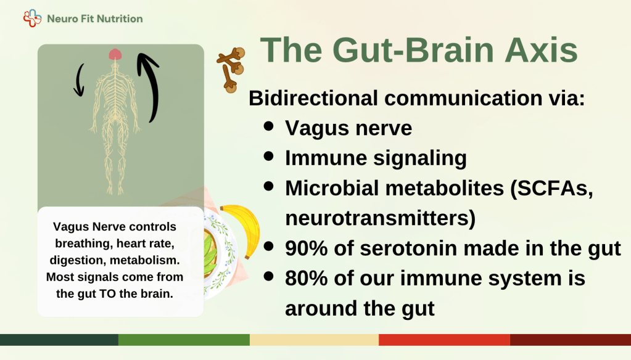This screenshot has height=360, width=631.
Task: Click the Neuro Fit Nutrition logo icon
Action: click(x=32, y=18)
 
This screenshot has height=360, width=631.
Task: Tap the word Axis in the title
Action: click(x=541, y=50)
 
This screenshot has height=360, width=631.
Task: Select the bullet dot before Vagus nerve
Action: click(x=268, y=126)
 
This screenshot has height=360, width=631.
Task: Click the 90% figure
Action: click(x=306, y=248)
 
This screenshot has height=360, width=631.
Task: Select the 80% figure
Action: click(x=306, y=278)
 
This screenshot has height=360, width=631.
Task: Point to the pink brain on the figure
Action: click(x=115, y=54)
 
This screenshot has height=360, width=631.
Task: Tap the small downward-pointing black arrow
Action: click(x=80, y=80)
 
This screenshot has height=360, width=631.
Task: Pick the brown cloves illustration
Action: click(x=231, y=69)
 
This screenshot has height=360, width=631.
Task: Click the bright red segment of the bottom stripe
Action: click(x=444, y=340)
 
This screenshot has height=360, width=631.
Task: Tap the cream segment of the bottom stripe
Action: click(x=315, y=340)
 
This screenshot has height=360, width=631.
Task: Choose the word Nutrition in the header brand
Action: click(x=120, y=18)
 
